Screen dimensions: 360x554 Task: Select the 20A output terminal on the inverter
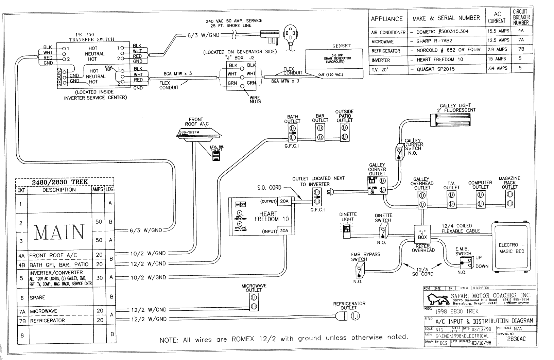click(284, 201)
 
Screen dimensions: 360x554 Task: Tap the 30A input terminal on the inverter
click(284, 232)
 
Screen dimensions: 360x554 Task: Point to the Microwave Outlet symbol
click(254, 302)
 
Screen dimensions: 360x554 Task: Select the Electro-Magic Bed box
click(511, 248)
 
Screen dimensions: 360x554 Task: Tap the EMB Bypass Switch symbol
click(359, 271)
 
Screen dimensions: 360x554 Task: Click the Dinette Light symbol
click(347, 230)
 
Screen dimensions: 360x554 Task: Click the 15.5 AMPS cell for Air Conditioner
click(498, 31)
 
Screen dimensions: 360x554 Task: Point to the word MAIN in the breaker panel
click(59, 232)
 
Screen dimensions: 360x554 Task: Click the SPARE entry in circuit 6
click(37, 298)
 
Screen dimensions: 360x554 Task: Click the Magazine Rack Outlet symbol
click(509, 199)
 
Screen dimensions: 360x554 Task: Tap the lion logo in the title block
click(438, 299)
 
